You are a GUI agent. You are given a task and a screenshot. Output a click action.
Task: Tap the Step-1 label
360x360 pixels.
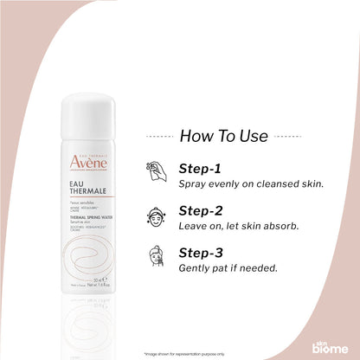pos(200,168)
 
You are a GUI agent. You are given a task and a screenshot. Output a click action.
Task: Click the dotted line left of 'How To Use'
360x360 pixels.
pos(158,136)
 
